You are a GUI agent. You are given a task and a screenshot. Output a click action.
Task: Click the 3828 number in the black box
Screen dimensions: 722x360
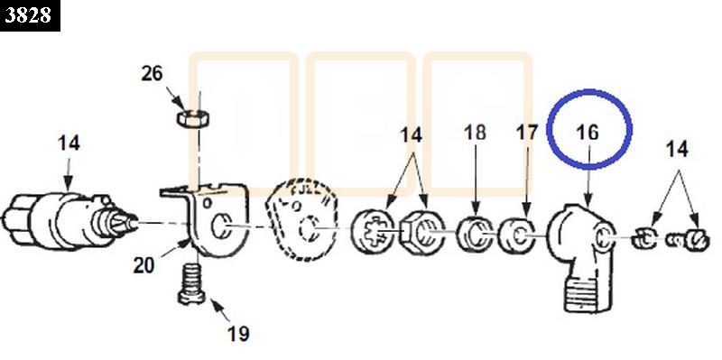click(28, 15)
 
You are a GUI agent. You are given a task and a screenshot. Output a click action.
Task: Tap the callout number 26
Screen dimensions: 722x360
click(152, 74)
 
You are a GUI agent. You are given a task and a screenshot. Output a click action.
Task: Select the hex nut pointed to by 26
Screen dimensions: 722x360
click(193, 118)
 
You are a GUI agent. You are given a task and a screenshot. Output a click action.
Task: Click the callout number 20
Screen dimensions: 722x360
click(143, 265)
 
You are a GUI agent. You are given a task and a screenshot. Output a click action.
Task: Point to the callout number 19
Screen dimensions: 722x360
click(238, 334)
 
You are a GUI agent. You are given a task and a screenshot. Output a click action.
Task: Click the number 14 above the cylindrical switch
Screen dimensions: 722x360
click(69, 143)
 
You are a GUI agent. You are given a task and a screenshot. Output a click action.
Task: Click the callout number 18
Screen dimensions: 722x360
click(475, 133)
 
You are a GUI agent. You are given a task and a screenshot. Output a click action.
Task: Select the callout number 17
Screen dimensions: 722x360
click(527, 133)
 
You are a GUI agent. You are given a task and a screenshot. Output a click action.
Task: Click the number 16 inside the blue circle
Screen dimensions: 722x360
click(588, 133)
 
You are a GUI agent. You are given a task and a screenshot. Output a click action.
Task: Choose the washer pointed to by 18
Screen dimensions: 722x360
click(476, 235)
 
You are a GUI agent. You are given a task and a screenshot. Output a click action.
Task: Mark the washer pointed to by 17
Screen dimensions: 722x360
click(517, 236)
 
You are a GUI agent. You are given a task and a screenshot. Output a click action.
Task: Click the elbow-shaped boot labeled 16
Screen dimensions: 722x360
click(581, 257)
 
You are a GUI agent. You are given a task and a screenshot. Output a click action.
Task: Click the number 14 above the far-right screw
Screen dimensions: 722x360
click(677, 150)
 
